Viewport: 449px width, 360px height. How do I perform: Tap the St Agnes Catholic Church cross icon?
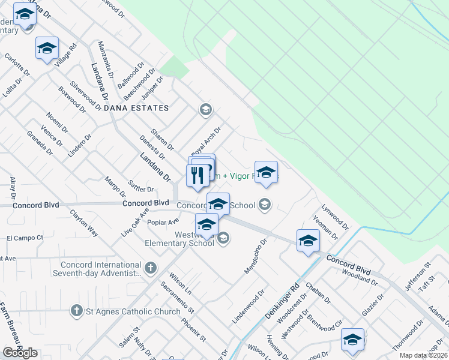coord(76,311)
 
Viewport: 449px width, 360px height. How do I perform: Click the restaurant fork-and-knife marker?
coord(197,175)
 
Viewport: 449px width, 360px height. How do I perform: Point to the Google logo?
coord(20,353)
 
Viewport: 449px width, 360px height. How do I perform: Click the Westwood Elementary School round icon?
coord(223,238)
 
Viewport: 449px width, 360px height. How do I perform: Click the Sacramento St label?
coord(177,297)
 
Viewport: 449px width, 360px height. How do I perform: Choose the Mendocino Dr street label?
coord(255,257)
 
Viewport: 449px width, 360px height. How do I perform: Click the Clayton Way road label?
coord(83,222)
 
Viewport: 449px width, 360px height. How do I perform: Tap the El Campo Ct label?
coord(25,238)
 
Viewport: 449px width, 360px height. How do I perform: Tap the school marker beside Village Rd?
coord(47,49)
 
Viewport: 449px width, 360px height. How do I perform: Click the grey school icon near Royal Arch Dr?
coord(205,109)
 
